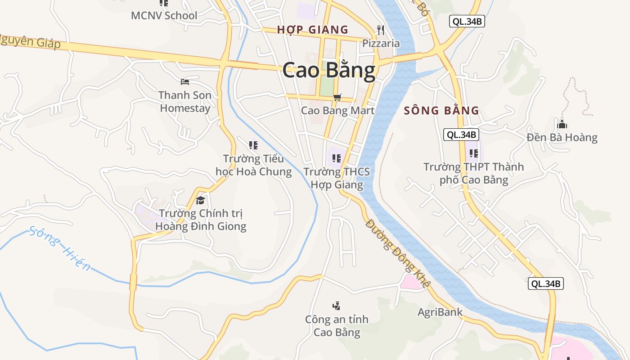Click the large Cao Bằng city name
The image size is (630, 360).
(x=329, y=71)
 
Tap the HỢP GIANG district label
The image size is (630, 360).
(x=312, y=30)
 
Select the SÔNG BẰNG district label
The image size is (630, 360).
(x=441, y=111)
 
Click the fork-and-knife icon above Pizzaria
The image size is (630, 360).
(x=381, y=30)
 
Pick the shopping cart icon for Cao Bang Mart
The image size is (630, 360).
(x=337, y=97)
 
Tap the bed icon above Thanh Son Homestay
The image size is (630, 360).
(x=185, y=81)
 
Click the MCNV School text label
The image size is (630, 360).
(x=164, y=16)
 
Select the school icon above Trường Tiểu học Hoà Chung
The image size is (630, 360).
(x=253, y=145)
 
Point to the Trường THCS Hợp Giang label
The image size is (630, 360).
(x=337, y=178)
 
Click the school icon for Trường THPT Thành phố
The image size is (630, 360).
(x=473, y=153)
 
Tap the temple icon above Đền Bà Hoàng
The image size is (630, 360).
(x=562, y=124)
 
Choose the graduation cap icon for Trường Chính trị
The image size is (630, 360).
(x=201, y=200)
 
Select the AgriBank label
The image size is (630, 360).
(x=440, y=312)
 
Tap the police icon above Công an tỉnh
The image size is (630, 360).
(x=336, y=306)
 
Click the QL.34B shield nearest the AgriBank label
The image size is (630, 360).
(x=545, y=283)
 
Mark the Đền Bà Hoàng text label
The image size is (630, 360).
(x=562, y=137)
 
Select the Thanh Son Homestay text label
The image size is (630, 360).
(x=185, y=102)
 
